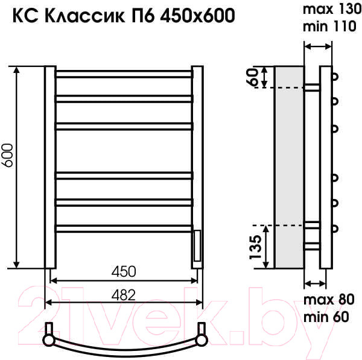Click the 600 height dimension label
click(x=7, y=156)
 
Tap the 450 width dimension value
click(x=124, y=271)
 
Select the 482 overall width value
click(x=124, y=295)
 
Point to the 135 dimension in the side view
click(x=256, y=247)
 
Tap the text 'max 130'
click(x=332, y=10)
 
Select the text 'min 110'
click(x=329, y=27)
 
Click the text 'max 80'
click(x=329, y=300)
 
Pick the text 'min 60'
click(x=326, y=317)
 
